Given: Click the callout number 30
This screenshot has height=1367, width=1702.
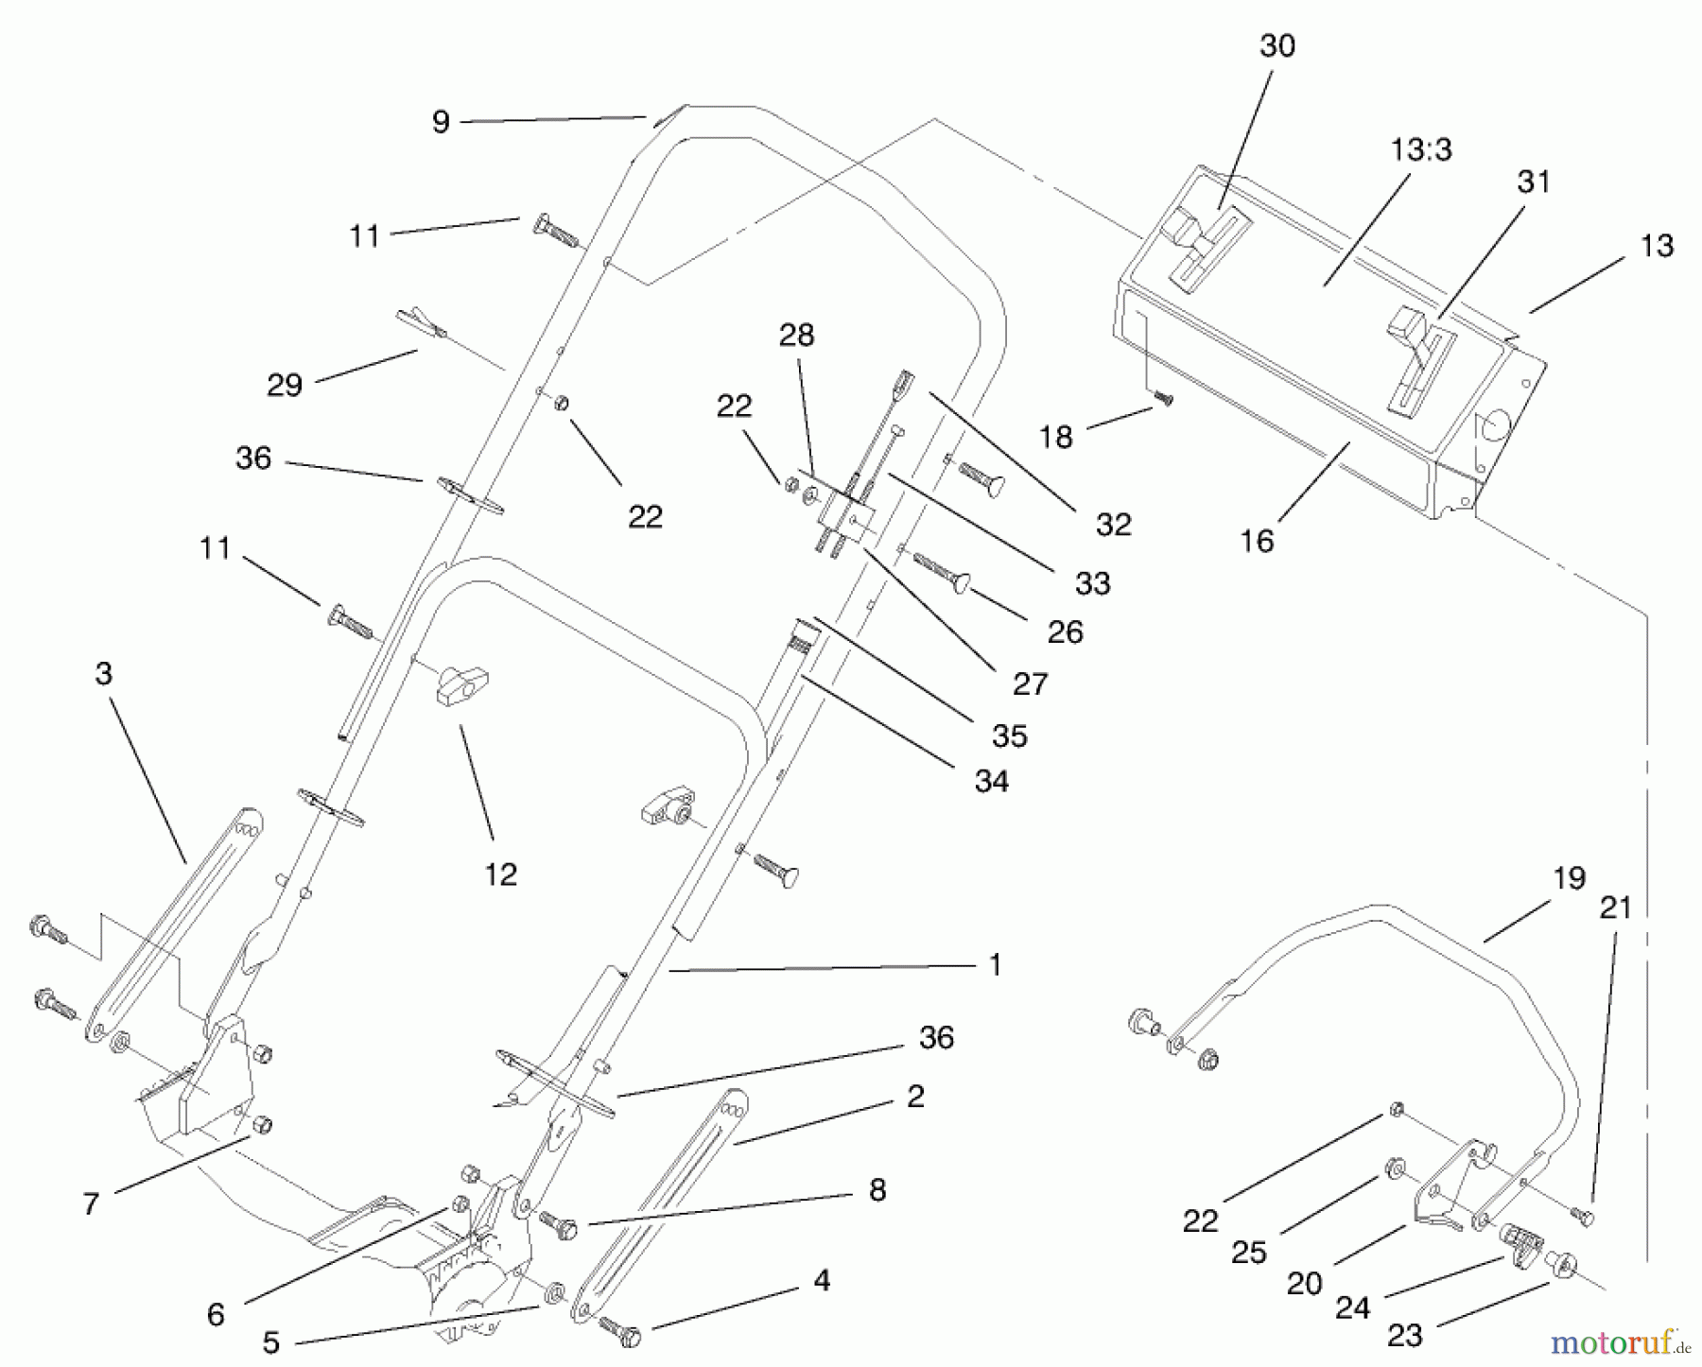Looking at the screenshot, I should (x=1277, y=45).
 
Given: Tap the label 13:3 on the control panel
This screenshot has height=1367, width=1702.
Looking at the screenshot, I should (x=1421, y=149).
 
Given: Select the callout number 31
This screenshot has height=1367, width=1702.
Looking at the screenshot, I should (x=1534, y=182).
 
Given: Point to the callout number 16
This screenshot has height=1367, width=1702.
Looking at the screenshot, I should (x=1258, y=541).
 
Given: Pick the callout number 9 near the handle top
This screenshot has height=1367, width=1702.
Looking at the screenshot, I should (x=441, y=122).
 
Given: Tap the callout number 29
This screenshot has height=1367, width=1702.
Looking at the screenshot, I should (x=285, y=385).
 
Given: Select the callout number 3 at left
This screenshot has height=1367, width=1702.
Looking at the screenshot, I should (x=104, y=674).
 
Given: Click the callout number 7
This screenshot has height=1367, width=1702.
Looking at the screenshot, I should (x=91, y=1204).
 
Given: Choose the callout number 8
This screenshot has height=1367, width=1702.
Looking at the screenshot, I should (x=877, y=1190).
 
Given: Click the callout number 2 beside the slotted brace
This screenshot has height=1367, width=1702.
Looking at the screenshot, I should (x=914, y=1097).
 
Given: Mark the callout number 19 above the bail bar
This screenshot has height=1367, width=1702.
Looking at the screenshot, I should (x=1569, y=878).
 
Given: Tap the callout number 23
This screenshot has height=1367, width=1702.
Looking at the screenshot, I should (x=1404, y=1335).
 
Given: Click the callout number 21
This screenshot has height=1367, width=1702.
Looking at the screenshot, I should (x=1615, y=908).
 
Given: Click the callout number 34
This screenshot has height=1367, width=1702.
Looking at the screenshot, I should (x=991, y=781).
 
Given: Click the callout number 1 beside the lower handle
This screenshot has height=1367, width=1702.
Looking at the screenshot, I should (x=994, y=964).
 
